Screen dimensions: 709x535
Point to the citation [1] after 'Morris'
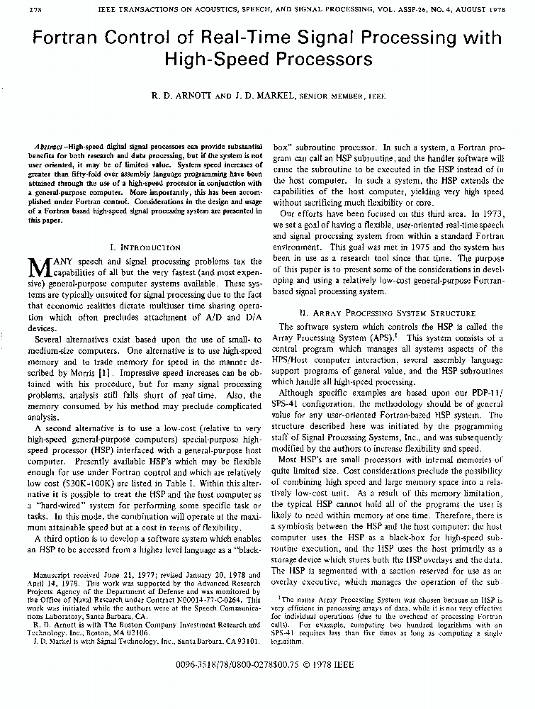click(x=104, y=372)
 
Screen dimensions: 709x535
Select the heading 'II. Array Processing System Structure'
click(x=388, y=313)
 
